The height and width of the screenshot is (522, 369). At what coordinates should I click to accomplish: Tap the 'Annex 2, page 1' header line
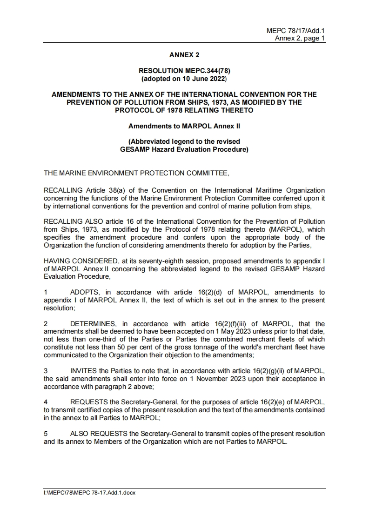click(x=300, y=38)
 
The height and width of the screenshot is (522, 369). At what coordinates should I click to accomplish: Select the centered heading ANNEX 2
click(x=184, y=55)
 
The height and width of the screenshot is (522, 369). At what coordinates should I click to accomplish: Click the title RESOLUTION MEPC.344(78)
click(x=184, y=70)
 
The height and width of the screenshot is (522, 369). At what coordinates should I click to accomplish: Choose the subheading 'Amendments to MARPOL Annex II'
click(x=184, y=126)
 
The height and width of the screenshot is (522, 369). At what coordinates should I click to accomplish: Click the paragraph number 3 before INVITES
click(x=46, y=371)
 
